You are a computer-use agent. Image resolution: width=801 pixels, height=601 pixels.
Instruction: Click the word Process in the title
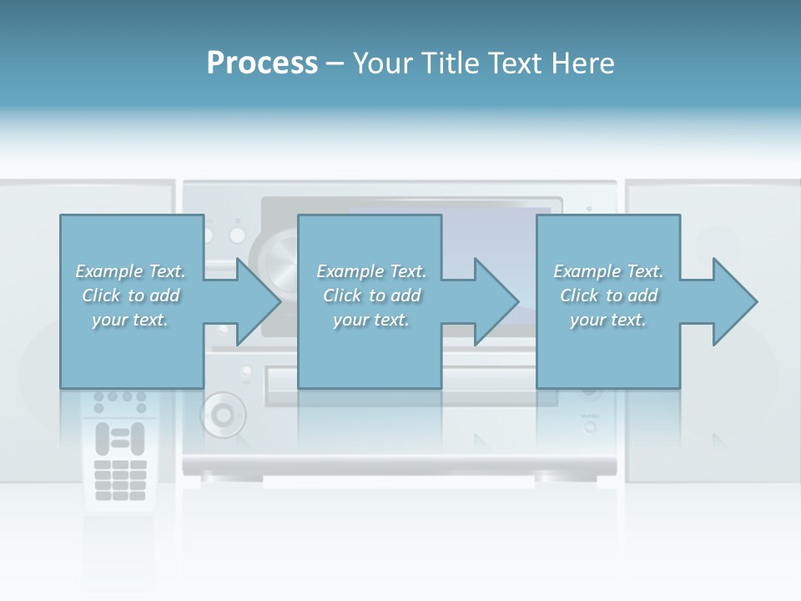pos(262,63)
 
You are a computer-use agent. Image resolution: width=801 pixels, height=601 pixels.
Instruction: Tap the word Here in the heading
pos(583,63)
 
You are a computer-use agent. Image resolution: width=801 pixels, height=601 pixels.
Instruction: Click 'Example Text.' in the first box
pos(130,271)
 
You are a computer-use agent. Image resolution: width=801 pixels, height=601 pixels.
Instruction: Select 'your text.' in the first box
pos(130,320)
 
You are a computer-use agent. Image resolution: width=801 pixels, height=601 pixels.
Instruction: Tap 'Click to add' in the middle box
pos(371,295)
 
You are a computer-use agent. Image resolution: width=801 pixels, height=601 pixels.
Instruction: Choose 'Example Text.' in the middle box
pos(371,271)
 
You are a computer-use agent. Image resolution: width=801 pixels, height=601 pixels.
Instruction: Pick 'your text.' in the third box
pos(608,320)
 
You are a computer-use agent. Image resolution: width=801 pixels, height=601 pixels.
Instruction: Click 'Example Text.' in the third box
pos(608,271)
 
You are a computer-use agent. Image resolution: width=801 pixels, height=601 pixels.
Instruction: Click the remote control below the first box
pos(119,451)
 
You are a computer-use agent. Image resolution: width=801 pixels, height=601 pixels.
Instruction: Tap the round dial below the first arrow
pos(223,413)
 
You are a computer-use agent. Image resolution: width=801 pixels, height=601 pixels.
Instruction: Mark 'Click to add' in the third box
pos(608,295)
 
